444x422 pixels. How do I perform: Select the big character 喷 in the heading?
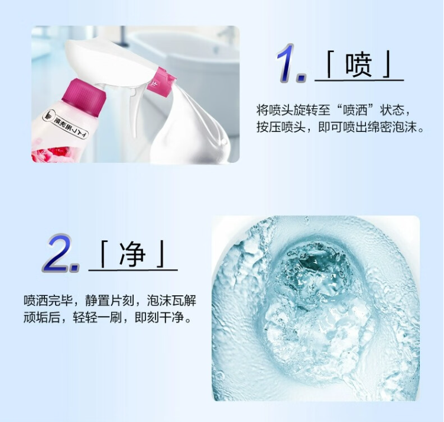coord(358,65)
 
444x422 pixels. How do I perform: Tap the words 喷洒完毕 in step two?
coord(48,301)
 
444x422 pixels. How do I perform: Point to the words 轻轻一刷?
coord(98,317)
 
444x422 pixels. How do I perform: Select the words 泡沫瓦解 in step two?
coord(171,301)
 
